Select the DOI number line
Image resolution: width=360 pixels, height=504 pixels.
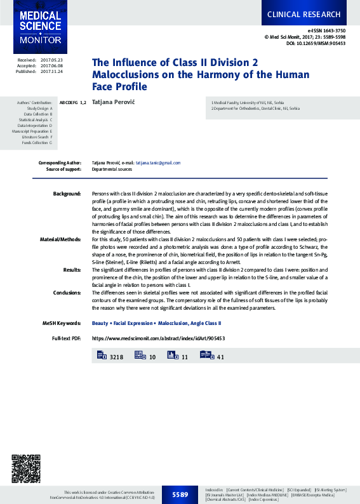click(x=316, y=43)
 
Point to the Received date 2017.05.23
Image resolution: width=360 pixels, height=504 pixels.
click(x=51, y=60)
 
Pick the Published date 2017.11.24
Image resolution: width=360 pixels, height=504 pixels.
click(x=51, y=71)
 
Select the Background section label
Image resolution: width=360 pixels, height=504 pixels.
click(x=67, y=193)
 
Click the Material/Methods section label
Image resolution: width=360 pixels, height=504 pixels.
click(x=60, y=239)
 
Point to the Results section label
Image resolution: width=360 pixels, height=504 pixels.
click(x=72, y=270)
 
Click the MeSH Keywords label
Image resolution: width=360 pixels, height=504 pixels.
click(x=62, y=323)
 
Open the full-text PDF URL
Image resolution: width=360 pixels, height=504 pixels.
click(x=158, y=338)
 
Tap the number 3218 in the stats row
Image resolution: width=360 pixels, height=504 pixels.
click(x=116, y=357)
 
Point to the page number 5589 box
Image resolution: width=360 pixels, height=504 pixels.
click(x=180, y=494)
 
